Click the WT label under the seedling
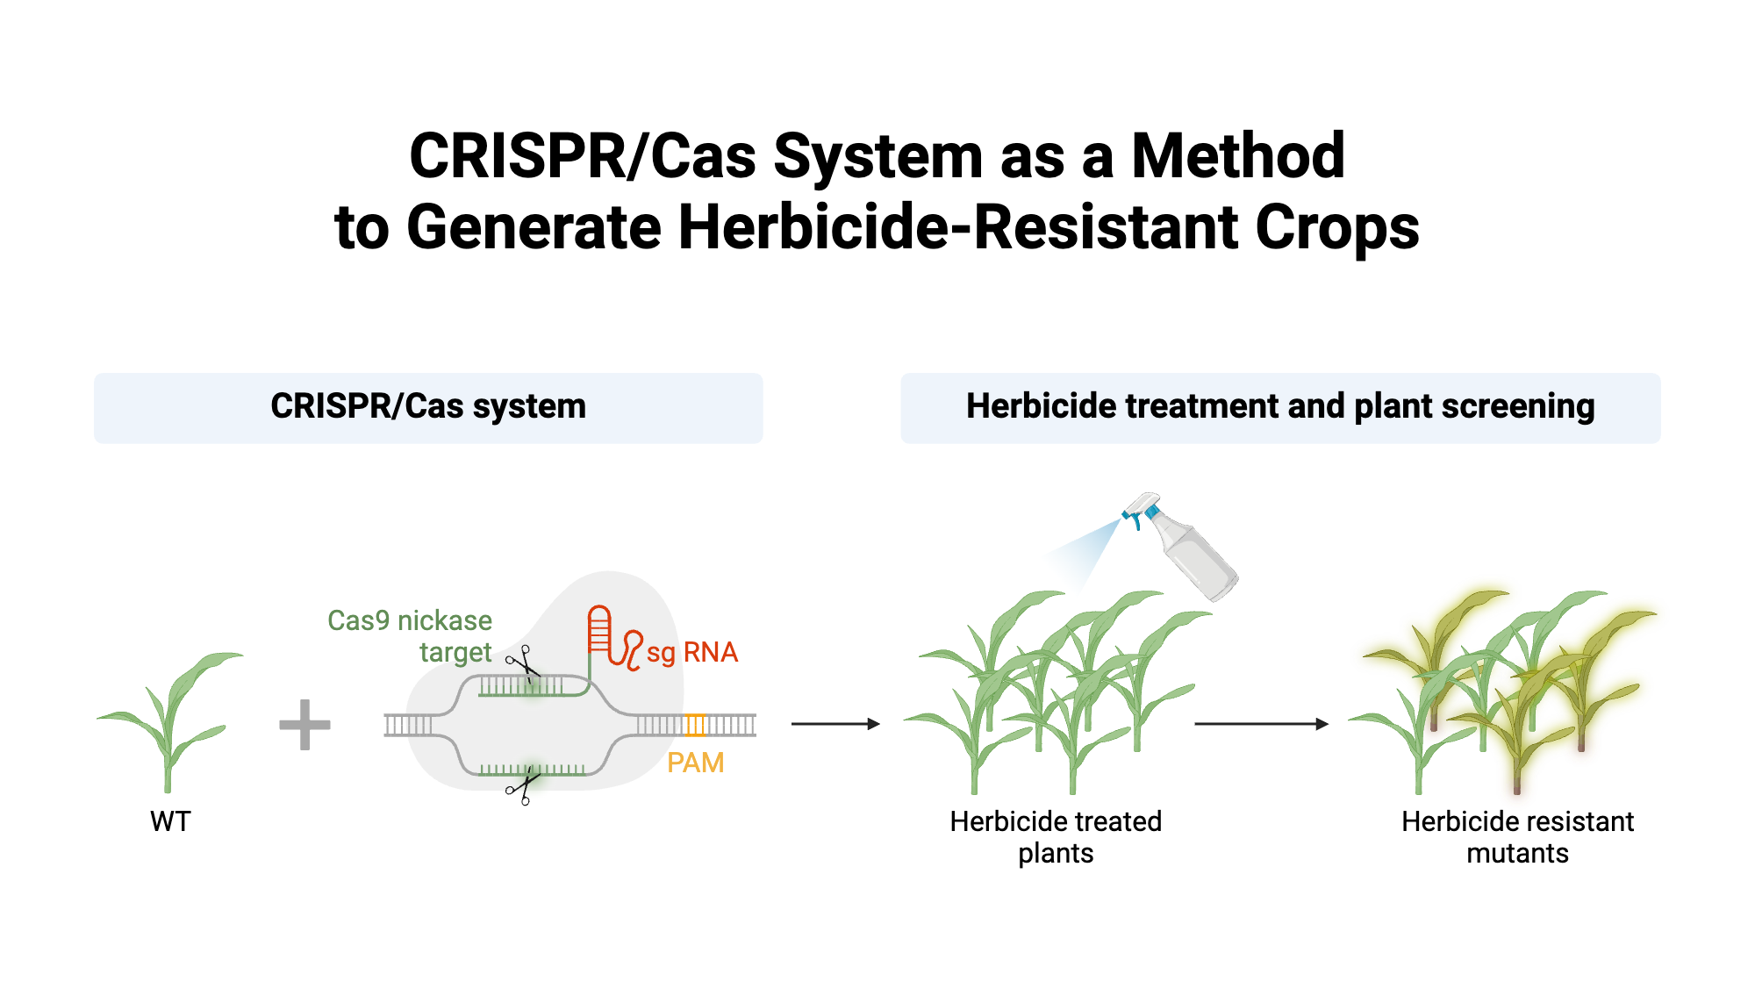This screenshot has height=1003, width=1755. pyautogui.click(x=170, y=821)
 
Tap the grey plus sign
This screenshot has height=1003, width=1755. pyautogui.click(x=304, y=725)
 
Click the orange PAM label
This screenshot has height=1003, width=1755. pyautogui.click(x=695, y=763)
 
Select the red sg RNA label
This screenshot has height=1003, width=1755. pyautogui.click(x=691, y=652)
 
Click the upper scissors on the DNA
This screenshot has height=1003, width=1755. pyautogui.click(x=523, y=663)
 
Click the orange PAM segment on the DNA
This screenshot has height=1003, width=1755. pyautogui.click(x=695, y=725)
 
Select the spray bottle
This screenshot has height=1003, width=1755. pyautogui.click(x=1189, y=548)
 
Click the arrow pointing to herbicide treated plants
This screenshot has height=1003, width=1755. pyautogui.click(x=835, y=724)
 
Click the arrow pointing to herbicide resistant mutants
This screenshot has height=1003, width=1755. pyautogui.click(x=1261, y=724)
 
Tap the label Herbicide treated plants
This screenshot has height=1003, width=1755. pyautogui.click(x=1056, y=837)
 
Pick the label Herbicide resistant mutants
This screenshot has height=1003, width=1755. pyautogui.click(x=1517, y=837)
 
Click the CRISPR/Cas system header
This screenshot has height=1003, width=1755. pyautogui.click(x=428, y=407)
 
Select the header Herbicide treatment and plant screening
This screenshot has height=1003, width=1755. pyautogui.click(x=1280, y=407)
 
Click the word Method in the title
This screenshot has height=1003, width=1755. pyautogui.click(x=1237, y=156)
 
